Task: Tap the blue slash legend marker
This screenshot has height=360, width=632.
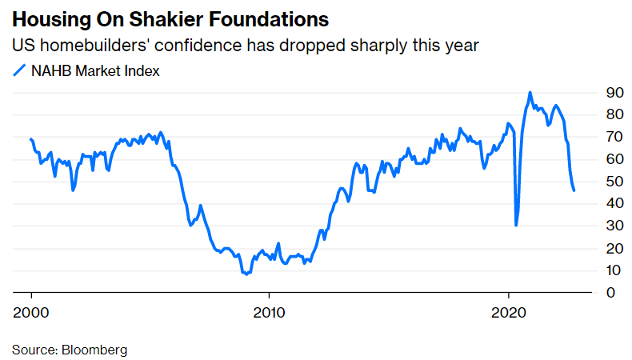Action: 19,71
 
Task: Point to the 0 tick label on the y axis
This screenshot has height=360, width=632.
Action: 610,293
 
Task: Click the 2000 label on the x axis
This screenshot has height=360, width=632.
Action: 31,311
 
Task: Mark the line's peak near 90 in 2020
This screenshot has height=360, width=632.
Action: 530,93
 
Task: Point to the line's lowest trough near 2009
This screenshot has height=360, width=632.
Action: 246,274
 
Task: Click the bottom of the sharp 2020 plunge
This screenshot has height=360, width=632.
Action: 516,226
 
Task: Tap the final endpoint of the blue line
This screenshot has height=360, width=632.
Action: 574,190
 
